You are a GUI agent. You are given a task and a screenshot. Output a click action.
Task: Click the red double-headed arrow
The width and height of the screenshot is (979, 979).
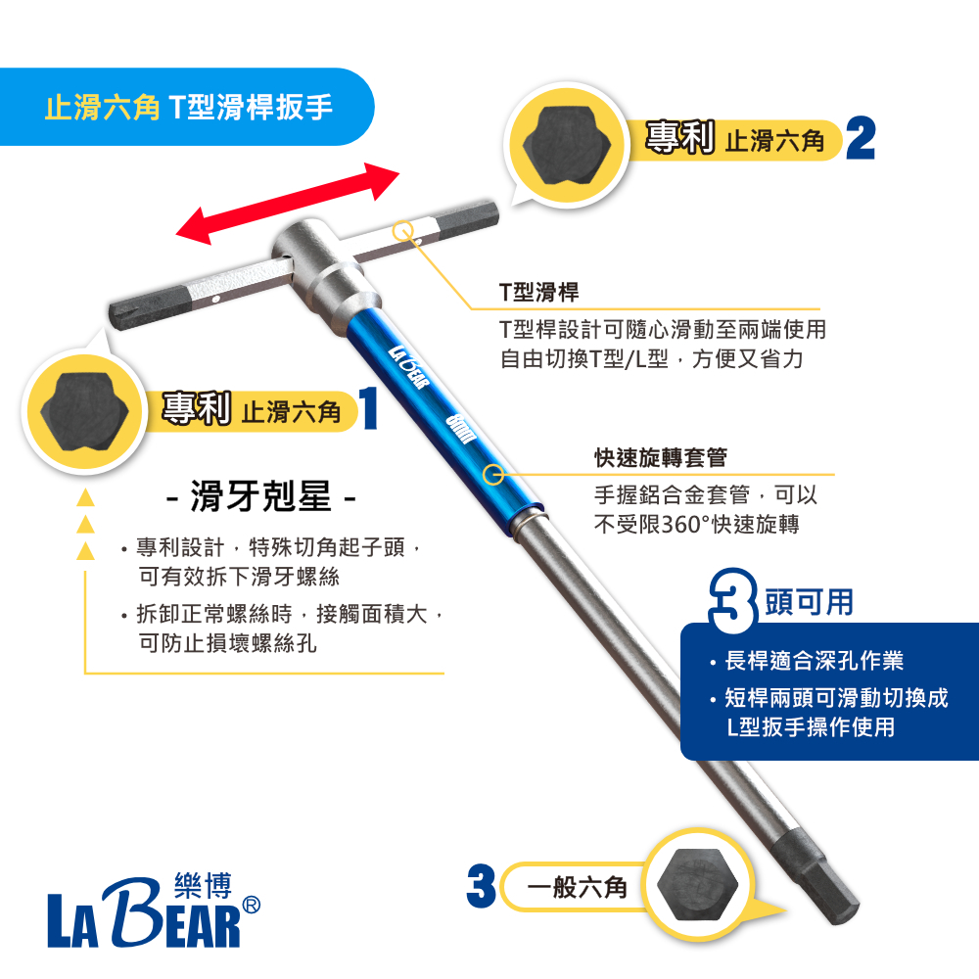(288, 204)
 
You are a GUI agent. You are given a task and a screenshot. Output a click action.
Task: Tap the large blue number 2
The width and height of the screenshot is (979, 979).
(861, 139)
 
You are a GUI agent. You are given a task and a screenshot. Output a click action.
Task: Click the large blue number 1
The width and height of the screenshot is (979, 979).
(369, 407)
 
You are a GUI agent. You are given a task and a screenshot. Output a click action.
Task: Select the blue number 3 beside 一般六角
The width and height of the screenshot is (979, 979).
(482, 885)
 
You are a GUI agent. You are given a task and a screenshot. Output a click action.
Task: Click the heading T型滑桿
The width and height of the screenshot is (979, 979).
(538, 292)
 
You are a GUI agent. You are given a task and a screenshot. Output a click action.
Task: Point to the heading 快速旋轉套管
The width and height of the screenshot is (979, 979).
(661, 457)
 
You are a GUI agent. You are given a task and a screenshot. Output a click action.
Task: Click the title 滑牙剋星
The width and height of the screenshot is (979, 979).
(261, 497)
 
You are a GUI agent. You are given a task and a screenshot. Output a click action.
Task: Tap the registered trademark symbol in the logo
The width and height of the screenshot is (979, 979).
(251, 905)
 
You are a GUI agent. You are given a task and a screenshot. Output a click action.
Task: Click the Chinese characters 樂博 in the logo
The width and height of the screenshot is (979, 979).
(204, 885)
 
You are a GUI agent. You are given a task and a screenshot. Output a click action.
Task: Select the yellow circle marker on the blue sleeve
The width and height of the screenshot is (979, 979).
(493, 475)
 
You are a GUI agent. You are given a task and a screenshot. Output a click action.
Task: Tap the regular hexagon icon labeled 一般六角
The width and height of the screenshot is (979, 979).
(697, 884)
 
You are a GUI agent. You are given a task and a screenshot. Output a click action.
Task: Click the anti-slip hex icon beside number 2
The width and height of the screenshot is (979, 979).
(566, 146)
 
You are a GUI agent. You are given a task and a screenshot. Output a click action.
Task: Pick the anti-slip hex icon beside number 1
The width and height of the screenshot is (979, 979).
(84, 413)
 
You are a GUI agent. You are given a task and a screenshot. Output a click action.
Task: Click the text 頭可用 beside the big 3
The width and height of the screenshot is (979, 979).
(810, 602)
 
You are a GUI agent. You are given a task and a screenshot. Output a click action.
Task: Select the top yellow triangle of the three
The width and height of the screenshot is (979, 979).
(85, 497)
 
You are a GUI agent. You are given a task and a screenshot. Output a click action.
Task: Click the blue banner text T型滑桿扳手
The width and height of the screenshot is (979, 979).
(251, 107)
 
